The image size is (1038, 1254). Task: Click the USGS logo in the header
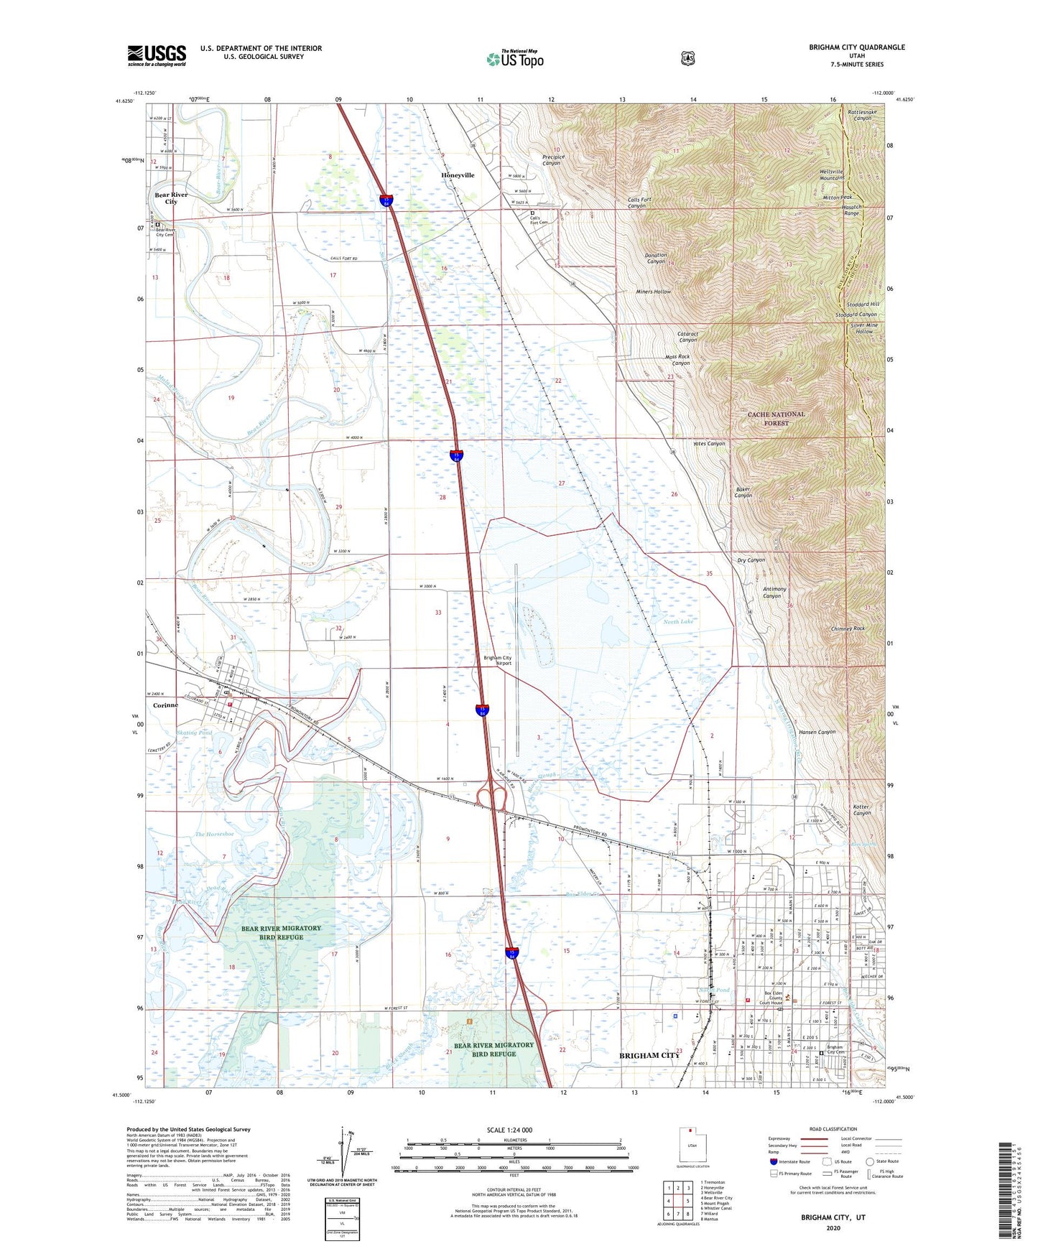pyautogui.click(x=157, y=55)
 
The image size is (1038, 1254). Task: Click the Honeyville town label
pyautogui.click(x=458, y=175)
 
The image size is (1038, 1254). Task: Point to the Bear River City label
pyautogui.click(x=171, y=198)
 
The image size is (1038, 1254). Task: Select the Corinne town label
pyautogui.click(x=165, y=705)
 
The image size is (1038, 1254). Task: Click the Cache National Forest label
pyautogui.click(x=777, y=419)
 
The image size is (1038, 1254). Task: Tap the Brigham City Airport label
pyautogui.click(x=498, y=660)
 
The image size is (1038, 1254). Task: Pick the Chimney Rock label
pyautogui.click(x=848, y=628)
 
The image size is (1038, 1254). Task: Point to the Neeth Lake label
pyautogui.click(x=677, y=621)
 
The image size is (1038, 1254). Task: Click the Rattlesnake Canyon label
pyautogui.click(x=859, y=114)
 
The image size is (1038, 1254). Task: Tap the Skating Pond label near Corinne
pyautogui.click(x=194, y=733)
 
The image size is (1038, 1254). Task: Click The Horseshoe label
pyautogui.click(x=214, y=834)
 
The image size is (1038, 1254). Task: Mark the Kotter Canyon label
pyautogui.click(x=861, y=810)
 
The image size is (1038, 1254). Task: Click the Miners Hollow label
pyautogui.click(x=653, y=292)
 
